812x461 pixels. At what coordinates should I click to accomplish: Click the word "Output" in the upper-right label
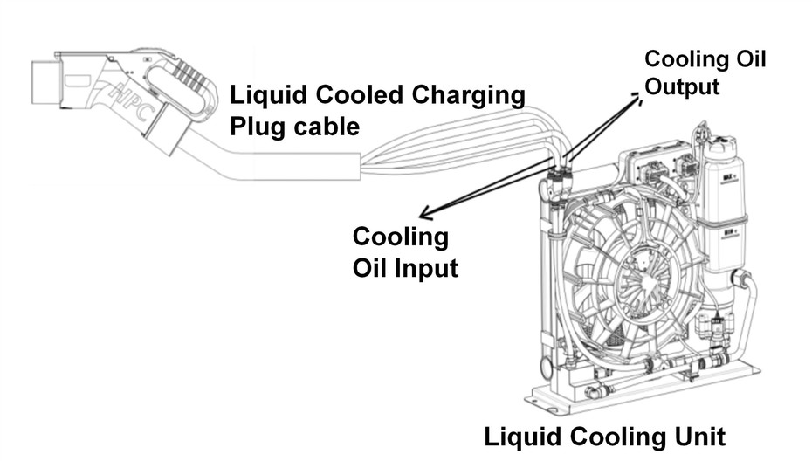coord(682,86)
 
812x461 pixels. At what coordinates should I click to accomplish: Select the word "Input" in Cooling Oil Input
coord(425,268)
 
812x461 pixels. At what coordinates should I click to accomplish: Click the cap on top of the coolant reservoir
coord(724,140)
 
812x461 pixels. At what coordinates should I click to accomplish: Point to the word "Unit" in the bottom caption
coord(695,436)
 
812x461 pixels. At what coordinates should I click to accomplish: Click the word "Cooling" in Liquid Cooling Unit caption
coord(607,436)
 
